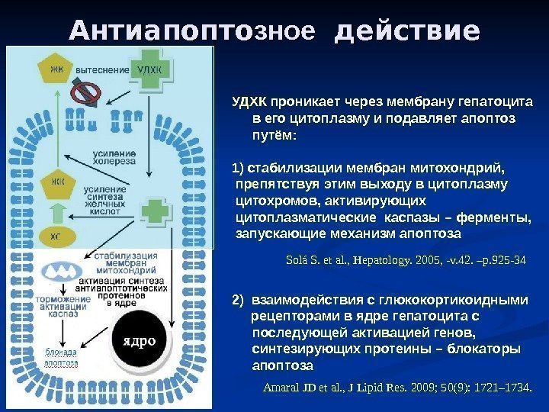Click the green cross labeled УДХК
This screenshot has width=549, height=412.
point(150,70)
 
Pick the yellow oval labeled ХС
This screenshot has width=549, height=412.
point(55,237)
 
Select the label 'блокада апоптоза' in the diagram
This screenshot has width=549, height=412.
point(60,358)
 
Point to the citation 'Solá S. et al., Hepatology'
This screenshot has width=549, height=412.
point(405,260)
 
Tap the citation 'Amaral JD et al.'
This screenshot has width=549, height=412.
point(397,388)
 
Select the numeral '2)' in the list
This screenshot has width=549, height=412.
point(236,299)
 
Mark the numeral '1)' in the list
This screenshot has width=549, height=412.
point(236,169)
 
